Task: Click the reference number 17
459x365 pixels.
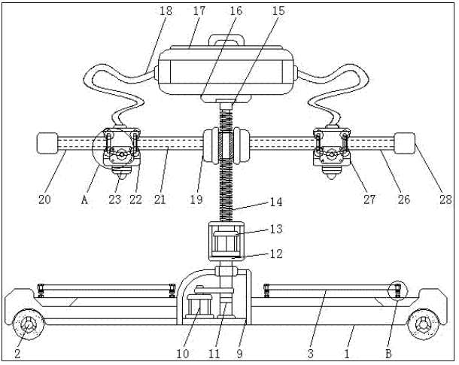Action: [x=199, y=11]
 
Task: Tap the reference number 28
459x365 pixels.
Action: [x=445, y=199]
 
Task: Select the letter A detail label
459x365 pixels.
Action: [x=84, y=199]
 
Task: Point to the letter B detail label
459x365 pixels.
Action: [x=388, y=354]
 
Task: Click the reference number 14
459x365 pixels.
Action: [x=275, y=202]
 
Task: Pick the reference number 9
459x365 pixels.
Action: [x=240, y=354]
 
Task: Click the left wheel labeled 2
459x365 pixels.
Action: [x=29, y=324]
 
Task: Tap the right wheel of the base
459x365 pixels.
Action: [x=424, y=324]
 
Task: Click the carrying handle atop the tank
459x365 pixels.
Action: [x=226, y=40]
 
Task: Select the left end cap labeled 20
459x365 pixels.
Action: [x=47, y=143]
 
